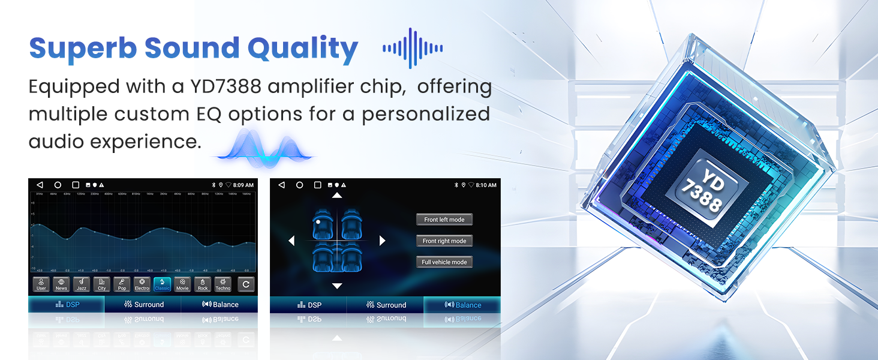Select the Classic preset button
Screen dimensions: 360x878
click(x=162, y=284)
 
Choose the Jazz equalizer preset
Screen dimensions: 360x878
click(x=81, y=284)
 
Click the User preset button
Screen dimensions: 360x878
click(x=41, y=284)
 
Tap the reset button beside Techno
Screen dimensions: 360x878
click(x=246, y=284)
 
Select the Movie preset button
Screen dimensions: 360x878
click(x=182, y=284)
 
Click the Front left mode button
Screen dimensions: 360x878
click(x=444, y=220)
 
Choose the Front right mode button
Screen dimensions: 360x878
click(x=444, y=241)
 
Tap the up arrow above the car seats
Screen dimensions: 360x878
click(x=337, y=196)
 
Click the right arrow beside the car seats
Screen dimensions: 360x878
click(x=382, y=241)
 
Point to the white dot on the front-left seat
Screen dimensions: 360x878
click(x=318, y=222)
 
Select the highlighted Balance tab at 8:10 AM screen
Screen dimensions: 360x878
click(x=462, y=305)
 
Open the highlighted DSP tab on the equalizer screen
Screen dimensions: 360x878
click(x=67, y=304)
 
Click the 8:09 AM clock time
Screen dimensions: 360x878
click(x=243, y=185)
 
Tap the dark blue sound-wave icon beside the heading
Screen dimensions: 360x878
click(x=413, y=48)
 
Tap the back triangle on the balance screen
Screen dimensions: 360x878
click(x=281, y=185)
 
